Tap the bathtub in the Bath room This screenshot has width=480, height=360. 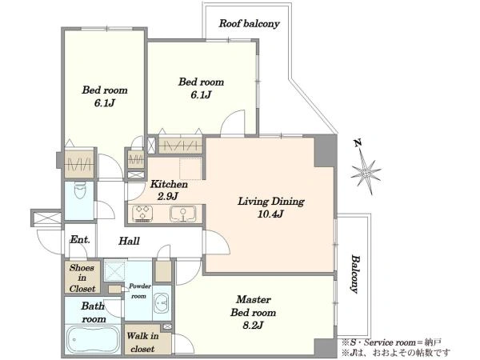click(94, 340)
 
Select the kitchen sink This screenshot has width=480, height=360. click(183, 214)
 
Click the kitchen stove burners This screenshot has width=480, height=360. click(142, 214)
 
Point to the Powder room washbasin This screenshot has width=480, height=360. click(162, 302)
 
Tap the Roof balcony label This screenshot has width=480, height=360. click(249, 23)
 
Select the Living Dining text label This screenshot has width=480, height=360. click(271, 202)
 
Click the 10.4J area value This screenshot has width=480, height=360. click(270, 214)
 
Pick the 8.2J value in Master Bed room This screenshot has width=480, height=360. click(253, 325)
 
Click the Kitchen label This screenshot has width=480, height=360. click(169, 184)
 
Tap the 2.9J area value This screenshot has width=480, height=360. click(167, 196)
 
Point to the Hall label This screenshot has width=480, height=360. click(129, 241)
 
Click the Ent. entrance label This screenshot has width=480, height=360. click(80, 239)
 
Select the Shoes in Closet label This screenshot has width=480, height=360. click(82, 278)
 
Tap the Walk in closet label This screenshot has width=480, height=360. click(142, 342)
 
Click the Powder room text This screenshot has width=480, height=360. click(139, 291)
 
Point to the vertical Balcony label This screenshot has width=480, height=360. click(354, 274)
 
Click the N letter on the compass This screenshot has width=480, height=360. click(357, 143)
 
